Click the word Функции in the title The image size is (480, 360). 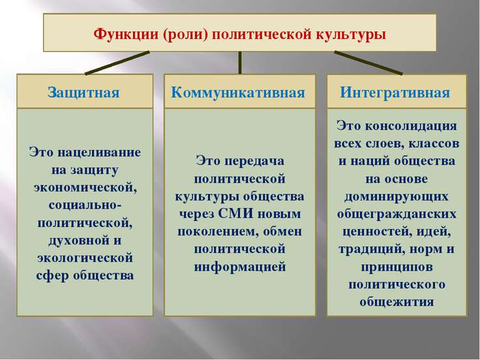tap(126, 34)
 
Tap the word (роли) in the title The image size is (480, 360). tap(185, 35)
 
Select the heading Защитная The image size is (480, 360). tap(83, 93)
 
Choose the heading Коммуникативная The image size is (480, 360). tap(238, 93)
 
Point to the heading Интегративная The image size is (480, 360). tap(395, 93)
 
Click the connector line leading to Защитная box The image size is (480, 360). tap(117, 63)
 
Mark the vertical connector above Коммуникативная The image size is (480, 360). tap(240, 63)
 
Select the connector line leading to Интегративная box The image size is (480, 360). tap(368, 63)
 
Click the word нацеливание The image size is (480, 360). tap(99, 152)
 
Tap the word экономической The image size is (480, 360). tap(85, 187)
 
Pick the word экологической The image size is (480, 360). tap(85, 258)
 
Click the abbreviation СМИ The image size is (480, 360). tap(235, 213)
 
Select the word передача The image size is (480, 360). tap(254, 161)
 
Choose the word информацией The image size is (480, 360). tap(240, 267)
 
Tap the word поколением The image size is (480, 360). tap(215, 232)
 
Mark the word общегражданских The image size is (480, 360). tap(397, 214)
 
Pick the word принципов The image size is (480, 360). tap(397, 267)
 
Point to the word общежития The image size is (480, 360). tap(397, 302)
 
